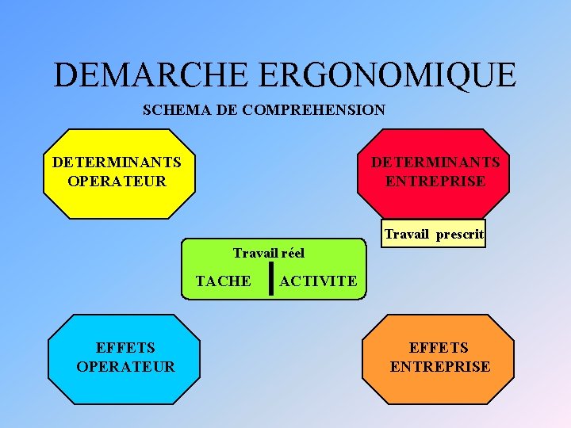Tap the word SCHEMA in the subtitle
[x=176, y=110]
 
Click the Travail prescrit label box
[x=434, y=235]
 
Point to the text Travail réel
[x=268, y=253]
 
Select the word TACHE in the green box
[x=223, y=281]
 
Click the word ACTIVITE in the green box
[x=318, y=281]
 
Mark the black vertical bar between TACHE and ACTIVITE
[x=271, y=279]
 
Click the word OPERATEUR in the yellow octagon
[x=117, y=181]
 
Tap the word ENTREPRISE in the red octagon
[x=435, y=181]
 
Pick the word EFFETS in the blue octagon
[x=125, y=347]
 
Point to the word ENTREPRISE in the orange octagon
[x=439, y=366]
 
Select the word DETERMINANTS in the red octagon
[x=435, y=162]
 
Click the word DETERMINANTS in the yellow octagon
[x=117, y=162]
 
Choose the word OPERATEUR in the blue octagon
[x=125, y=366]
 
